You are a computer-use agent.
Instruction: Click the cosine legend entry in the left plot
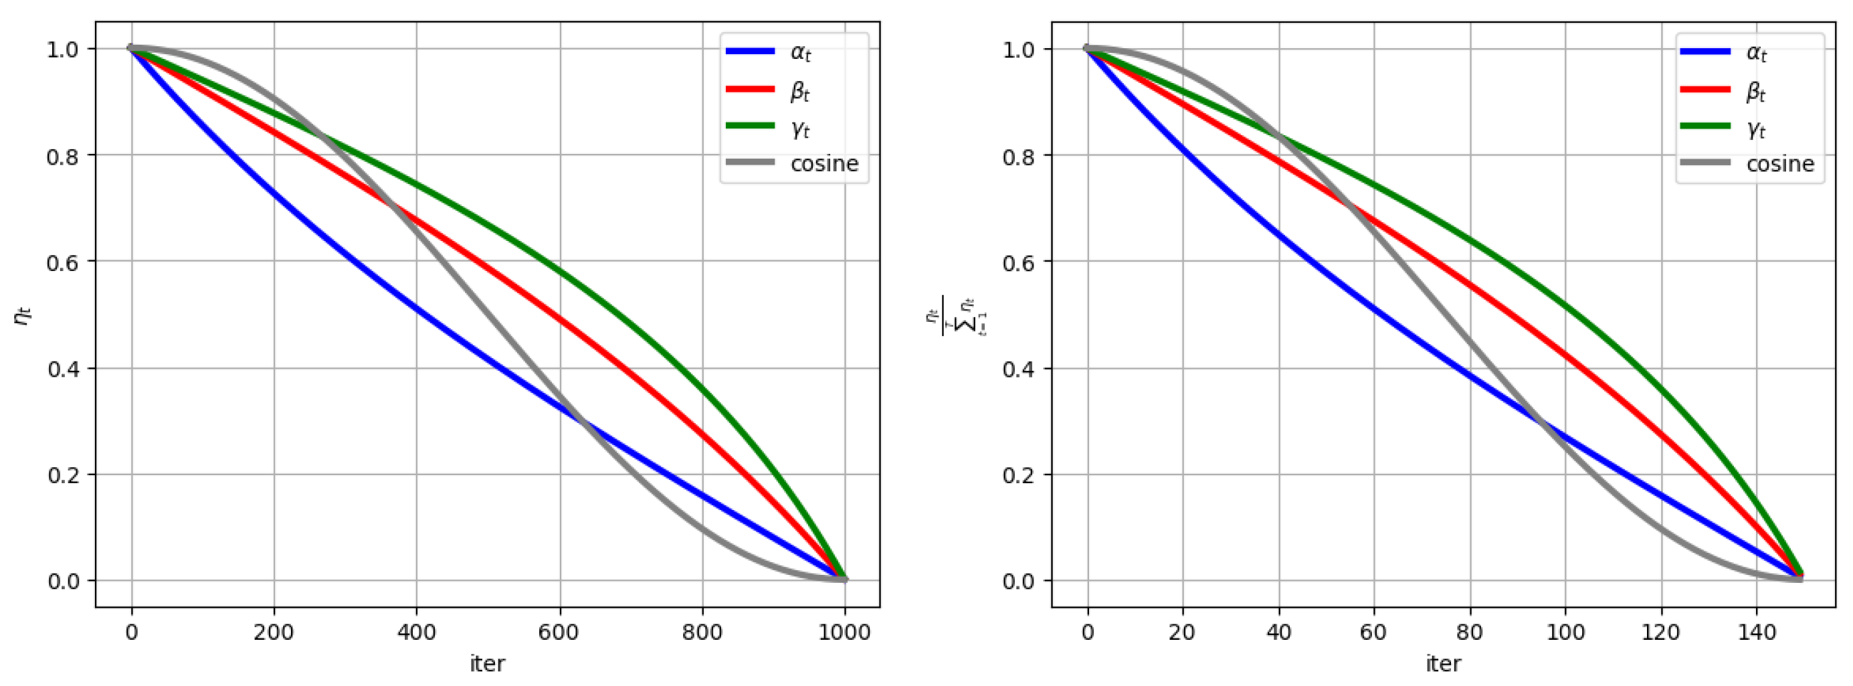pyautogui.click(x=823, y=163)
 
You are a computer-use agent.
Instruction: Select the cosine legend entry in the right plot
pyautogui.click(x=1779, y=163)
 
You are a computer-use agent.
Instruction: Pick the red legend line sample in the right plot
pyautogui.click(x=1706, y=89)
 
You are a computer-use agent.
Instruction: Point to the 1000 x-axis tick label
pyautogui.click(x=844, y=632)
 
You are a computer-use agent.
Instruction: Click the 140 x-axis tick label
pyautogui.click(x=1757, y=632)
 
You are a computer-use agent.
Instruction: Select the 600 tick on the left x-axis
pyautogui.click(x=559, y=632)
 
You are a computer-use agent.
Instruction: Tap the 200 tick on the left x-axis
pyautogui.click(x=274, y=632)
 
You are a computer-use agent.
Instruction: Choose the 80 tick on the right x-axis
pyautogui.click(x=1470, y=632)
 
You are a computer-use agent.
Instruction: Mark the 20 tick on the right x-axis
pyautogui.click(x=1183, y=632)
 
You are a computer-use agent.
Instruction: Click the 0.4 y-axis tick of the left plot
pyautogui.click(x=64, y=369)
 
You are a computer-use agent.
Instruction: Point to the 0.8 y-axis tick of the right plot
pyautogui.click(x=1019, y=156)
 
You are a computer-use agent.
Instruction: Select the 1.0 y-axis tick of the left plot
pyautogui.click(x=64, y=50)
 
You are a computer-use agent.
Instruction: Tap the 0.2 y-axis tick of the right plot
pyautogui.click(x=1019, y=475)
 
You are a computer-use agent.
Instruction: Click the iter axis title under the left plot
pyautogui.click(x=487, y=664)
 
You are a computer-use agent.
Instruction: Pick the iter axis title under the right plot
pyautogui.click(x=1443, y=664)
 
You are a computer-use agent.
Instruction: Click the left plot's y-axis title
pyautogui.click(x=23, y=315)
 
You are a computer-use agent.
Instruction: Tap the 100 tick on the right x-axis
pyautogui.click(x=1565, y=632)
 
